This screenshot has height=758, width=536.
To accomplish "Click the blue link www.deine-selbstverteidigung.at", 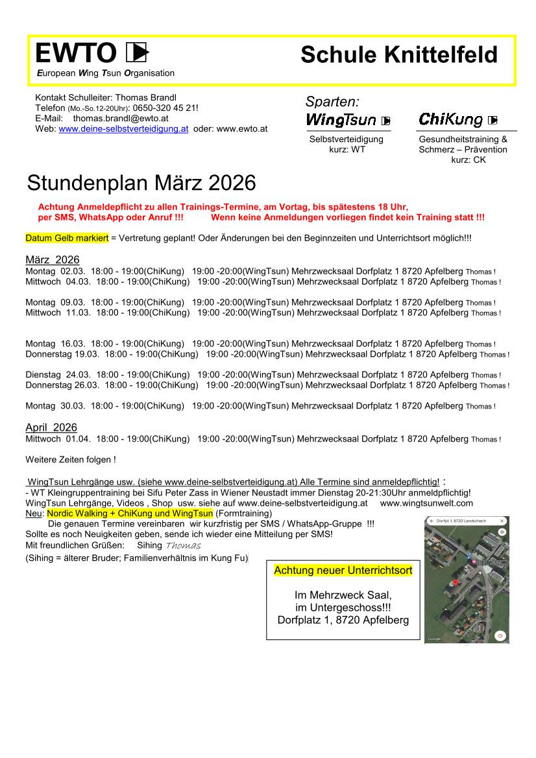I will (123, 129).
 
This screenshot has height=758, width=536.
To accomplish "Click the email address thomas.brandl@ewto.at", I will (121, 119).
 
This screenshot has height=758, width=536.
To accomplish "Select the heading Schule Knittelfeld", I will (398, 55).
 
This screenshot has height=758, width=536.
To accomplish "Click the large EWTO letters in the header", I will (75, 52).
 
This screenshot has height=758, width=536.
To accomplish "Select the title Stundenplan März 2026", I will (141, 184).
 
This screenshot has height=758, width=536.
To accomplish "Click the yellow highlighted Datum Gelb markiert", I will (67, 238).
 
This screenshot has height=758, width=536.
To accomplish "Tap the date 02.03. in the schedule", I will (73, 271).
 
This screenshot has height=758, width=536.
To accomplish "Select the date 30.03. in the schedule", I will (73, 406).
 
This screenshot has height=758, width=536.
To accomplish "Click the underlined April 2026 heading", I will (51, 427).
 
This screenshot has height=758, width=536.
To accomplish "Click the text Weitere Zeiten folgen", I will (71, 460).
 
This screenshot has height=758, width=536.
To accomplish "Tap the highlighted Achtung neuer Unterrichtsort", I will (343, 571).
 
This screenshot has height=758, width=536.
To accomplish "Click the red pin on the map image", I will (456, 582).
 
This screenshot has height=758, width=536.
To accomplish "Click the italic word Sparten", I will (332, 102).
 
